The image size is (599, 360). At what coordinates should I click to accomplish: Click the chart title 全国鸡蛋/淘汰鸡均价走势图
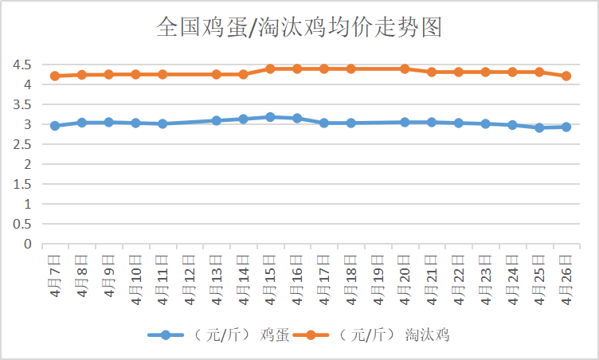[x=299, y=29]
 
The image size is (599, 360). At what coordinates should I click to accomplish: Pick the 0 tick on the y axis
[x=26, y=245]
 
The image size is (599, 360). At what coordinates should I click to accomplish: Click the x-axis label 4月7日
[x=55, y=275]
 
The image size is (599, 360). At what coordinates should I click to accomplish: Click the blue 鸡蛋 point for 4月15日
[x=270, y=117]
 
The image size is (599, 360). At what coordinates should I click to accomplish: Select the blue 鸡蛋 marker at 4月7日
[x=55, y=126]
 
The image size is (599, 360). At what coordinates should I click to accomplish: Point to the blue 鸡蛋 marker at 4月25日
[x=539, y=127]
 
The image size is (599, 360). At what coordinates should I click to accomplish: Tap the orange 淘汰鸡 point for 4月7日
[x=55, y=76]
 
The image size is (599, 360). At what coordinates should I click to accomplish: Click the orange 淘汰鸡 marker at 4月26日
[x=566, y=76]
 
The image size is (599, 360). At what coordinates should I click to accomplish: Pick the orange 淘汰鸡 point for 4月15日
[x=270, y=68]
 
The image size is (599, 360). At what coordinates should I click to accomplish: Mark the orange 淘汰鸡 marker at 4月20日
[x=405, y=68]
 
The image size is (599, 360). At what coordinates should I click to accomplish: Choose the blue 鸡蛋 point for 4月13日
[x=216, y=120]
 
